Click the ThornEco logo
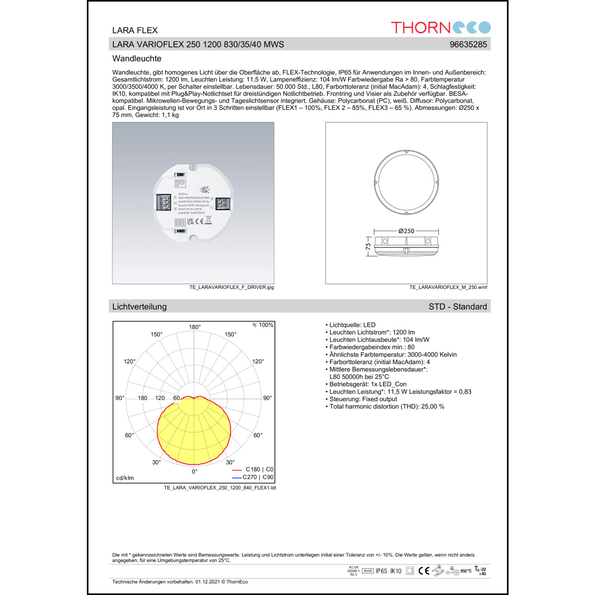pyautogui.click(x=440, y=27)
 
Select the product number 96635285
pyautogui.click(x=468, y=44)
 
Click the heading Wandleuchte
pyautogui.click(x=137, y=59)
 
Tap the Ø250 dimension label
pyautogui.click(x=406, y=231)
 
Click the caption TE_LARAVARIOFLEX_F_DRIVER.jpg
pyautogui.click(x=231, y=287)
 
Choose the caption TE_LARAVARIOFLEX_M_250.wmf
pyautogui.click(x=448, y=287)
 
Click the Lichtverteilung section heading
pyautogui.click(x=139, y=307)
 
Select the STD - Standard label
pyautogui.click(x=457, y=307)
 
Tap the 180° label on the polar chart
pyautogui.click(x=195, y=327)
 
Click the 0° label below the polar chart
pyautogui.click(x=194, y=472)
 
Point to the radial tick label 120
pyautogui.click(x=160, y=398)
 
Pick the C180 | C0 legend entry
pyautogui.click(x=259, y=469)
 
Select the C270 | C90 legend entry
pyautogui.click(x=258, y=477)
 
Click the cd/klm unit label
pyautogui.click(x=125, y=478)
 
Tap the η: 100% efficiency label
pyautogui.click(x=263, y=325)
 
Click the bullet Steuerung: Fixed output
pyautogui.click(x=363, y=399)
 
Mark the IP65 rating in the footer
pyautogui.click(x=381, y=571)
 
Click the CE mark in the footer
pyautogui.click(x=424, y=571)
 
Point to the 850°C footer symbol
pyautogui.click(x=466, y=571)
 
